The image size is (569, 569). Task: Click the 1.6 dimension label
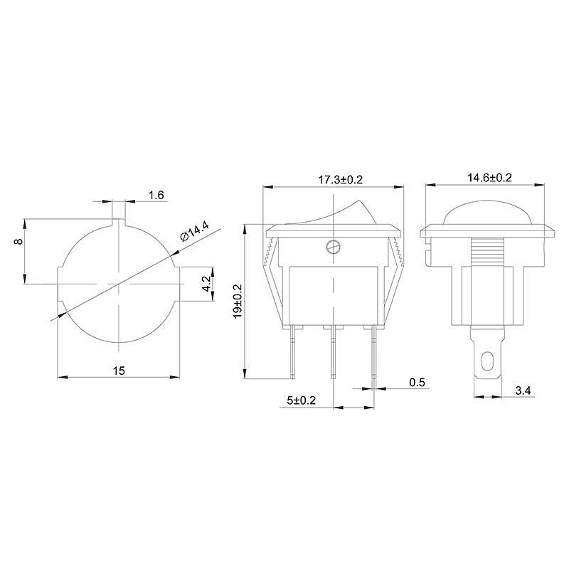(x=156, y=195)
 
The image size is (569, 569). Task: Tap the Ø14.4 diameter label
(x=195, y=232)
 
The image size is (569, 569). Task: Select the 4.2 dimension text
(x=206, y=284)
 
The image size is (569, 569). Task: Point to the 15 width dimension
(x=119, y=371)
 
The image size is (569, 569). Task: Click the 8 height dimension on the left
(x=19, y=241)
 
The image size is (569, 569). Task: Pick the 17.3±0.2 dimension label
(x=341, y=180)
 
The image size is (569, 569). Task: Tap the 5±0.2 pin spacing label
(x=301, y=400)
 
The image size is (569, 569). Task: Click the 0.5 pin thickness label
(x=417, y=382)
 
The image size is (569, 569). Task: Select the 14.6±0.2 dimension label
(x=489, y=178)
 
